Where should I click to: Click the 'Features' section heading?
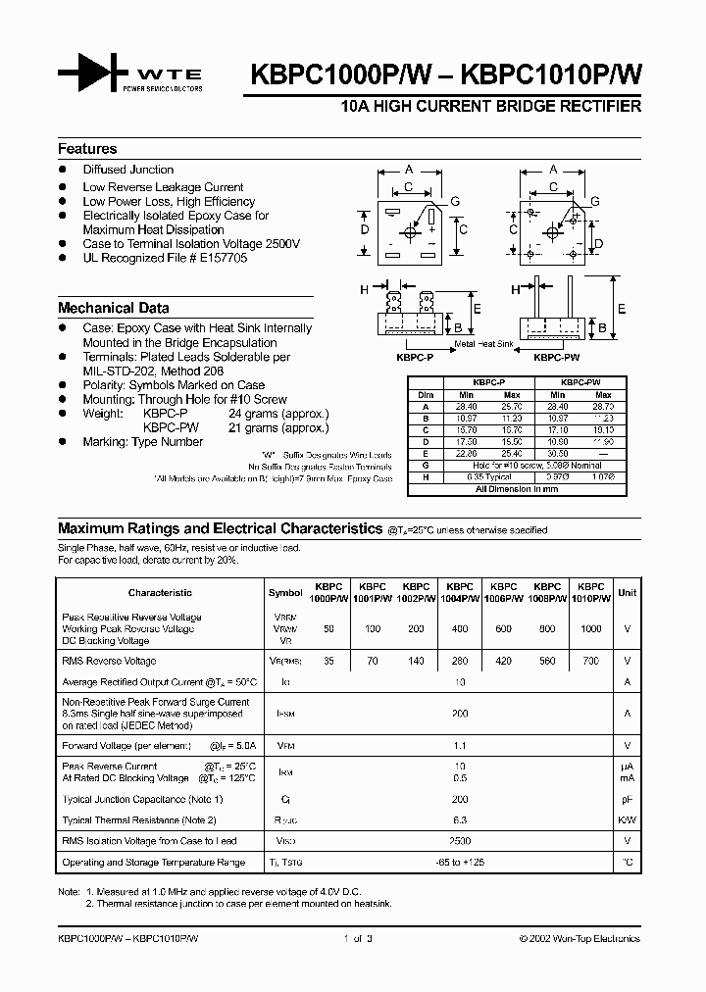pos(87,149)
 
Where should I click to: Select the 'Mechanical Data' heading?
pos(113,307)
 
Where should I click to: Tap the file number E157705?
pos(220,258)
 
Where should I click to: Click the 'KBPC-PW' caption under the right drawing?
pos(554,360)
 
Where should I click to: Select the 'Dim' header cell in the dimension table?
pos(426,395)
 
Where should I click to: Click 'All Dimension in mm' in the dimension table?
pos(516,487)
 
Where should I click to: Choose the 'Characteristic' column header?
pos(160,593)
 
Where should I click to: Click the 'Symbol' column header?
pos(285,593)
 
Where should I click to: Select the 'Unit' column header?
pos(628,593)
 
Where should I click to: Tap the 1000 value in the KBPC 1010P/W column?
pos(591,628)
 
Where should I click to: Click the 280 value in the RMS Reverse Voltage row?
pos(460,662)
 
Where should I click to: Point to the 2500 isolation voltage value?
pos(460,841)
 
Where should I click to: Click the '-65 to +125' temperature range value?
pos(460,863)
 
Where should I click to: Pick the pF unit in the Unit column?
pos(628,800)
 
